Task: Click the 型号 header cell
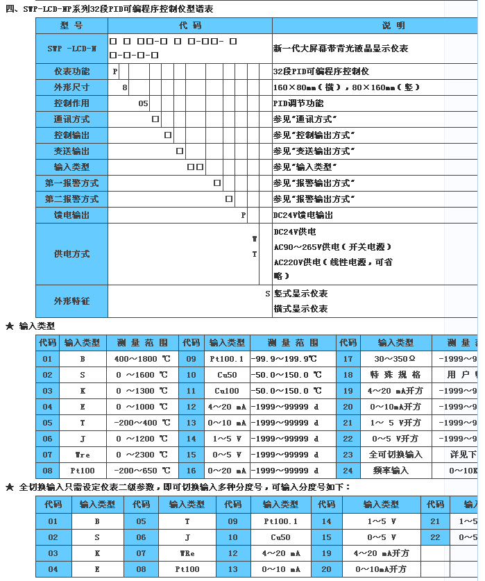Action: coord(71,26)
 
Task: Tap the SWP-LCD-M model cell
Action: coord(71,49)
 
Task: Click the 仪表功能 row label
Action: coord(71,71)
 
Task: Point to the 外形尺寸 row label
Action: coord(71,87)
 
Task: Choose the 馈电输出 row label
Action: coord(71,215)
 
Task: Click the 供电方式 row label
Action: coord(71,254)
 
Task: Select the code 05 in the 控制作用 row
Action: coord(144,103)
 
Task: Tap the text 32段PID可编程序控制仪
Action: coord(321,71)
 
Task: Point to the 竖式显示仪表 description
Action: coord(300,294)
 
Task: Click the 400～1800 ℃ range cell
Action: coord(142,359)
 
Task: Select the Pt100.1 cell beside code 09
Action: coord(227,359)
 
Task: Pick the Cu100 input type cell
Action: coord(227,391)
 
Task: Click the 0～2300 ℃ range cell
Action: coord(142,455)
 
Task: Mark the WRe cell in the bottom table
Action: coord(187,553)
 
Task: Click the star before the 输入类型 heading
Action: coord(10,326)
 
